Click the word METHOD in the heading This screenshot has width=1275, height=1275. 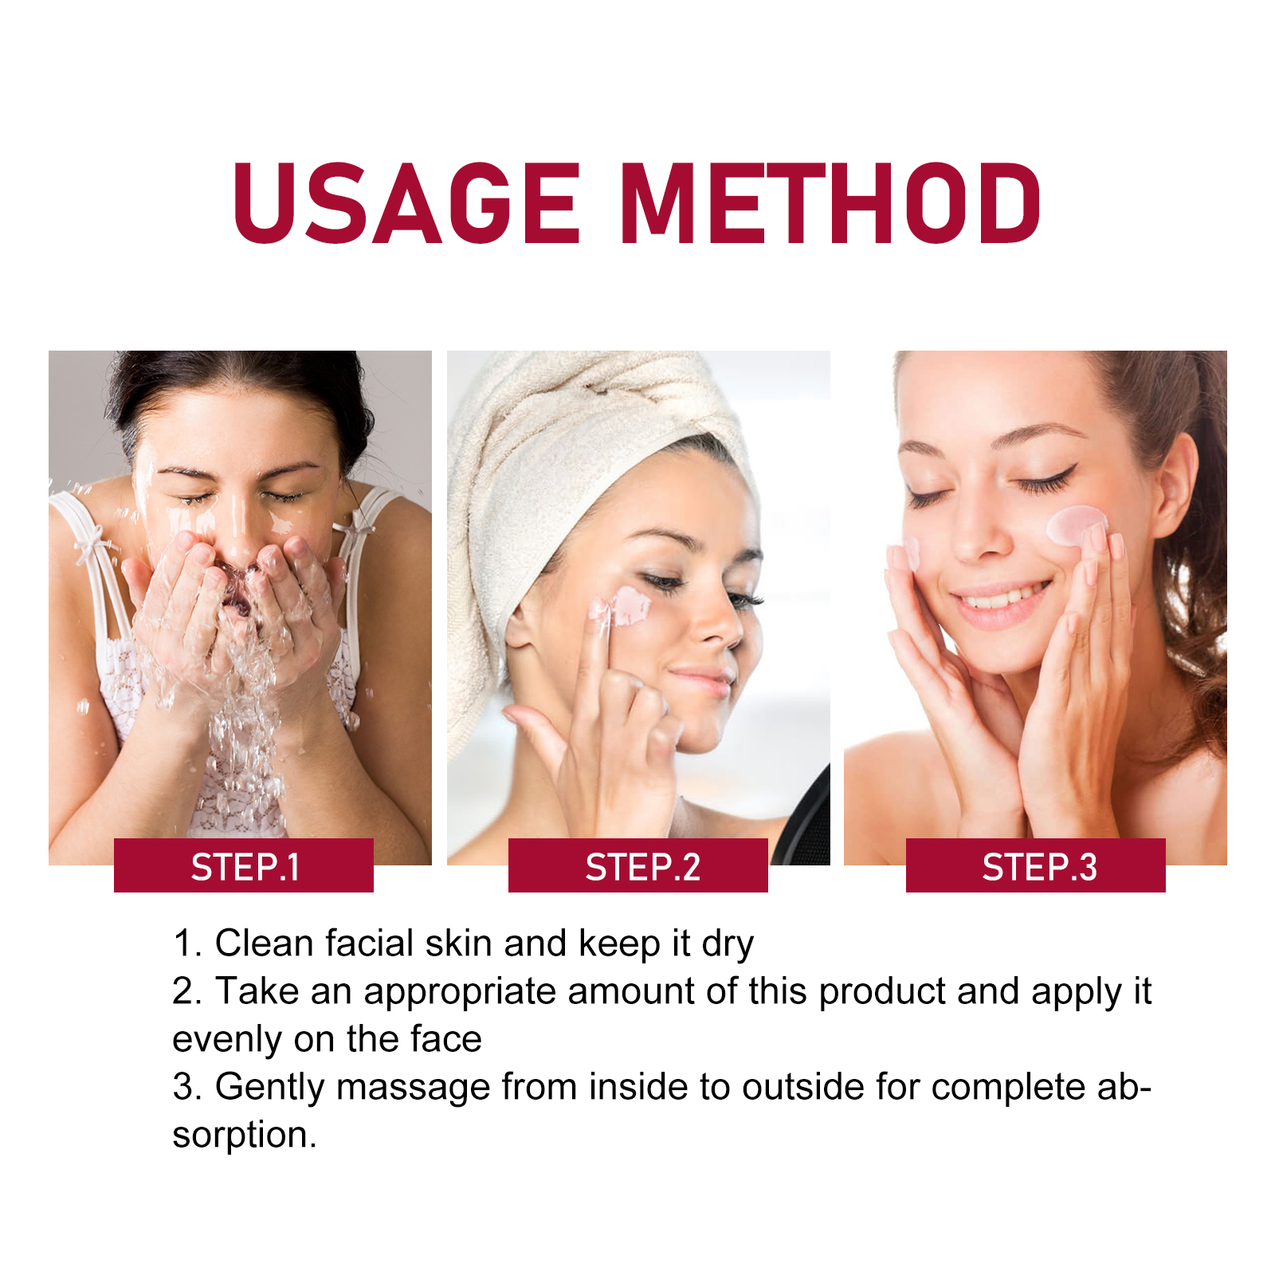(830, 203)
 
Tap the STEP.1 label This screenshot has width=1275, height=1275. (245, 867)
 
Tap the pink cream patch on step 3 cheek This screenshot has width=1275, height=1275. (1076, 526)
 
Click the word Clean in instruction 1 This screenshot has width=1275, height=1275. (265, 943)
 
